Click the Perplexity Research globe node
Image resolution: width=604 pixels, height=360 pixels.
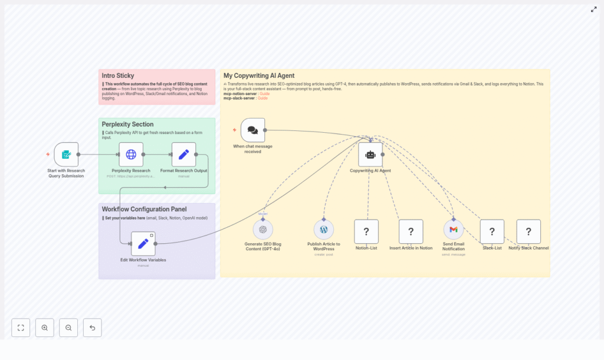[x=131, y=155]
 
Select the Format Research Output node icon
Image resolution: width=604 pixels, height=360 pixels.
[x=183, y=155]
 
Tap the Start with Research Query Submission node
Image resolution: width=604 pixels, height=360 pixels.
[x=66, y=155]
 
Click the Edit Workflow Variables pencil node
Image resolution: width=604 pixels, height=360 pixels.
[x=143, y=244]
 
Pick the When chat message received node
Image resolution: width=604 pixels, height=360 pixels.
[x=252, y=130]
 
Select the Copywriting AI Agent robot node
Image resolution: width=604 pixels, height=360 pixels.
[x=370, y=155]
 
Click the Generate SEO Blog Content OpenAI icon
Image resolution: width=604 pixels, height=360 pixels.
[x=262, y=230]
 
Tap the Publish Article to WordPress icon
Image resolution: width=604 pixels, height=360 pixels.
[x=324, y=230]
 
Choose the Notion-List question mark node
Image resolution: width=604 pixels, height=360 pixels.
[x=366, y=232]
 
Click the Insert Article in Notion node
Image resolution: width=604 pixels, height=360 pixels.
[x=411, y=232]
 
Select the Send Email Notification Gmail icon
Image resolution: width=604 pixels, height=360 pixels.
[x=454, y=230]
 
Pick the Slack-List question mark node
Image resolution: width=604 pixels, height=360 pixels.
[x=492, y=232]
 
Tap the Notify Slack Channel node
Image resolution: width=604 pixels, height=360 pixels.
[x=528, y=232]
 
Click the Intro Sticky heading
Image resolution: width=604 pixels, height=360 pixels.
[x=118, y=76]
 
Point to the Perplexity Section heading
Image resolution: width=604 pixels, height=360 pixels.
[x=127, y=125]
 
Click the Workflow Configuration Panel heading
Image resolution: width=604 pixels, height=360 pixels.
[x=144, y=209]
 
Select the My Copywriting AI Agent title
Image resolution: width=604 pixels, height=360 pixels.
[x=259, y=76]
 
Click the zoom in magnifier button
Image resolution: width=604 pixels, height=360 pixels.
[x=45, y=328]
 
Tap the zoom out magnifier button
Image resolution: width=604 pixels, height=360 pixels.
[x=68, y=328]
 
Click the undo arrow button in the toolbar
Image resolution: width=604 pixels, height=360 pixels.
[x=92, y=328]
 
